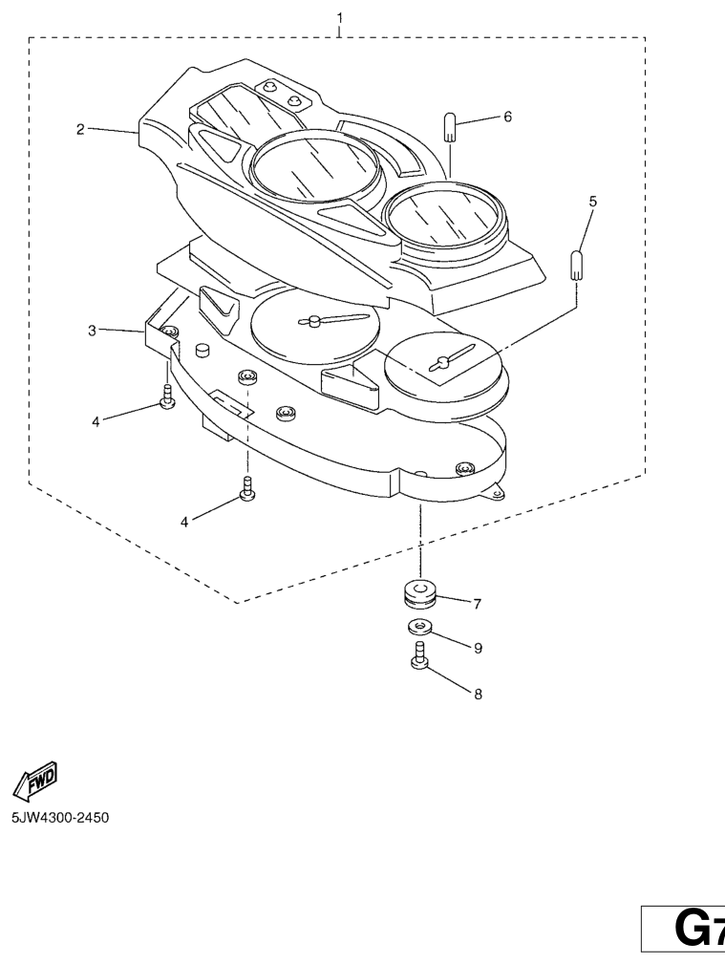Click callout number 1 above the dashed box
pyautogui.click(x=340, y=17)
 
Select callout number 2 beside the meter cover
pyautogui.click(x=81, y=129)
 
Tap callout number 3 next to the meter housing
pyautogui.click(x=92, y=331)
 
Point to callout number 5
pyautogui.click(x=592, y=202)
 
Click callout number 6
pyautogui.click(x=507, y=117)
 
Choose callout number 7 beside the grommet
pyautogui.click(x=477, y=603)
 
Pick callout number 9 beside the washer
pyautogui.click(x=477, y=648)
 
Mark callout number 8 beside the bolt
pyautogui.click(x=477, y=695)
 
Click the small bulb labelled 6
pyautogui.click(x=452, y=127)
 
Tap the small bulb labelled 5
pyautogui.click(x=577, y=264)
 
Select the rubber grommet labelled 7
pyautogui.click(x=418, y=593)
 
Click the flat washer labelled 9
pyautogui.click(x=418, y=628)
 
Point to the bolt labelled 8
pyautogui.click(x=419, y=656)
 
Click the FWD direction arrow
pyautogui.click(x=35, y=780)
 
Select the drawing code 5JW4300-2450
pyautogui.click(x=59, y=820)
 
